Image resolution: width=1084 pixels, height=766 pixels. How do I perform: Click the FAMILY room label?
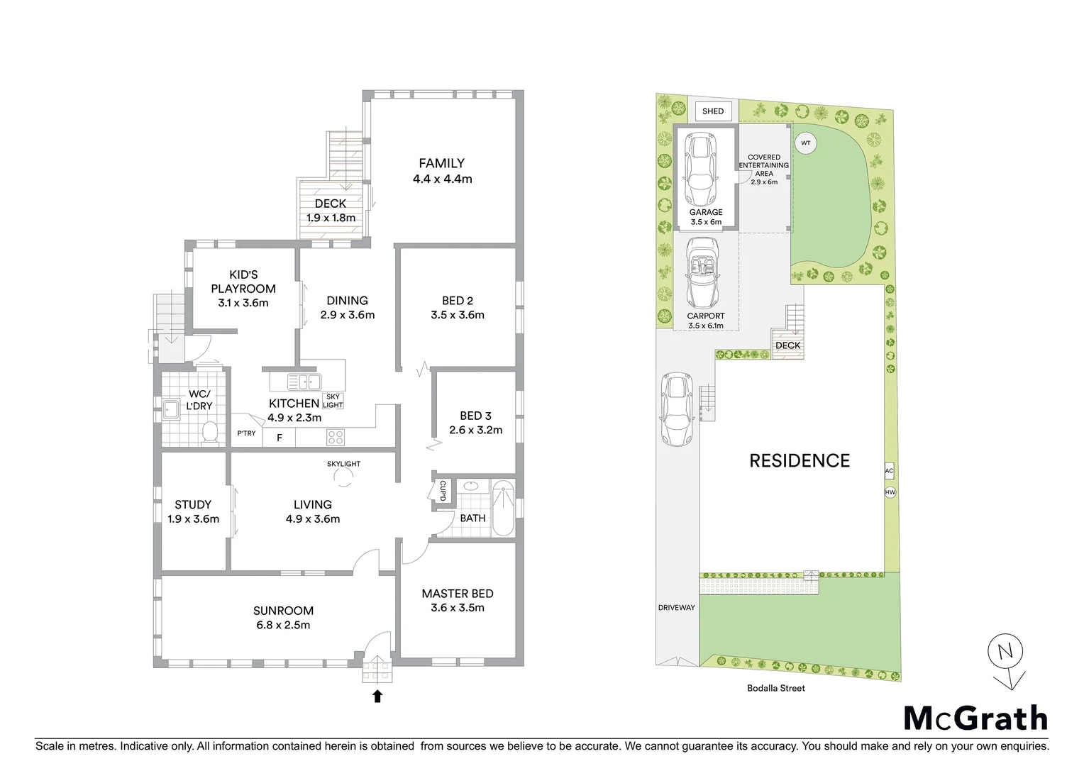[x=441, y=163]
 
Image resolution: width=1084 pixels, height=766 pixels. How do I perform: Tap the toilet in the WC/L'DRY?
[x=210, y=432]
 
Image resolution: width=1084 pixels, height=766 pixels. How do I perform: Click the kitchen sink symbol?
[x=304, y=382]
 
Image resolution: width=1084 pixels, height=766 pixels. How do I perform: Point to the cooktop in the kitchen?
[x=336, y=437]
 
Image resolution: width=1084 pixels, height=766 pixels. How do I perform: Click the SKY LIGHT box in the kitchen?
[x=333, y=401]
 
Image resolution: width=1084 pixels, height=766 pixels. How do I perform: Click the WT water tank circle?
[x=805, y=143]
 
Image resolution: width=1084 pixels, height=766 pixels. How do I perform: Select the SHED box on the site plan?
[x=713, y=111]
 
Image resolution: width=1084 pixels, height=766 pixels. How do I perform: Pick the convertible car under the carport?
[x=702, y=272]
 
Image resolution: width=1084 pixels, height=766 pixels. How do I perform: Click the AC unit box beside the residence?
[x=890, y=471]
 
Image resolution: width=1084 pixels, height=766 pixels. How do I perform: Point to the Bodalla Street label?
[x=776, y=688]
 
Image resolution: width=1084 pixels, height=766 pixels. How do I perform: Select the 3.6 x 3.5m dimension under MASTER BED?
[x=458, y=608]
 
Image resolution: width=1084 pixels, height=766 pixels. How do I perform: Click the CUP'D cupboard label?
[x=443, y=490]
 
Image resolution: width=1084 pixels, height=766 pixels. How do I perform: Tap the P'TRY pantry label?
[x=246, y=433]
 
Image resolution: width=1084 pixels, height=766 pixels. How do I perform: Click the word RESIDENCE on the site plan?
[x=800, y=460]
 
